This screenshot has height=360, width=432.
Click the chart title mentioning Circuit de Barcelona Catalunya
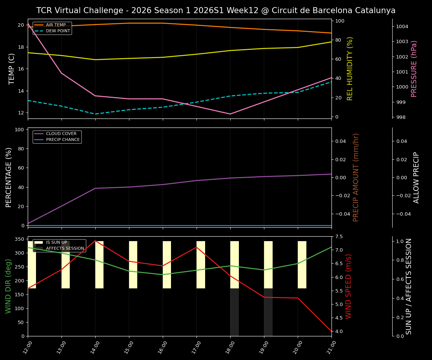[x=216, y=10]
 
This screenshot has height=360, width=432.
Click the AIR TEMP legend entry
[x=55, y=25]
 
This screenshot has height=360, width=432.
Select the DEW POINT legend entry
[x=58, y=31]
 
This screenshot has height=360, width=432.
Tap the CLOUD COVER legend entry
[x=61, y=134]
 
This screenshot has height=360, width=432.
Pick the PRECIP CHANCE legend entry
[x=63, y=140]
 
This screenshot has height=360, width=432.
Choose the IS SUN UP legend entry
[x=56, y=243]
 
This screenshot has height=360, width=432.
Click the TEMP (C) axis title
[x=12, y=69]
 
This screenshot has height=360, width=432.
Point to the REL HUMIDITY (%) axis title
[x=350, y=69]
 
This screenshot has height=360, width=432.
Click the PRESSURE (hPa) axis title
[x=414, y=69]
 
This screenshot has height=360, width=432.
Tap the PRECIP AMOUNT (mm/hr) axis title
[x=356, y=177]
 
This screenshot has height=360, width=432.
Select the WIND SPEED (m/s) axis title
[x=349, y=286]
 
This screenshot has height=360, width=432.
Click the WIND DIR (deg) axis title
[x=8, y=286]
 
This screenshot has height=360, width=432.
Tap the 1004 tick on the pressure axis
[x=402, y=26]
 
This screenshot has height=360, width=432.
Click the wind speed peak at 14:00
[x=95, y=241]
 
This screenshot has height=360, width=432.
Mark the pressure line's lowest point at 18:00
[x=230, y=114]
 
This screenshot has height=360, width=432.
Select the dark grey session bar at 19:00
[x=268, y=312]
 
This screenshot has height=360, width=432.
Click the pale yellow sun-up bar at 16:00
[x=167, y=265]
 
